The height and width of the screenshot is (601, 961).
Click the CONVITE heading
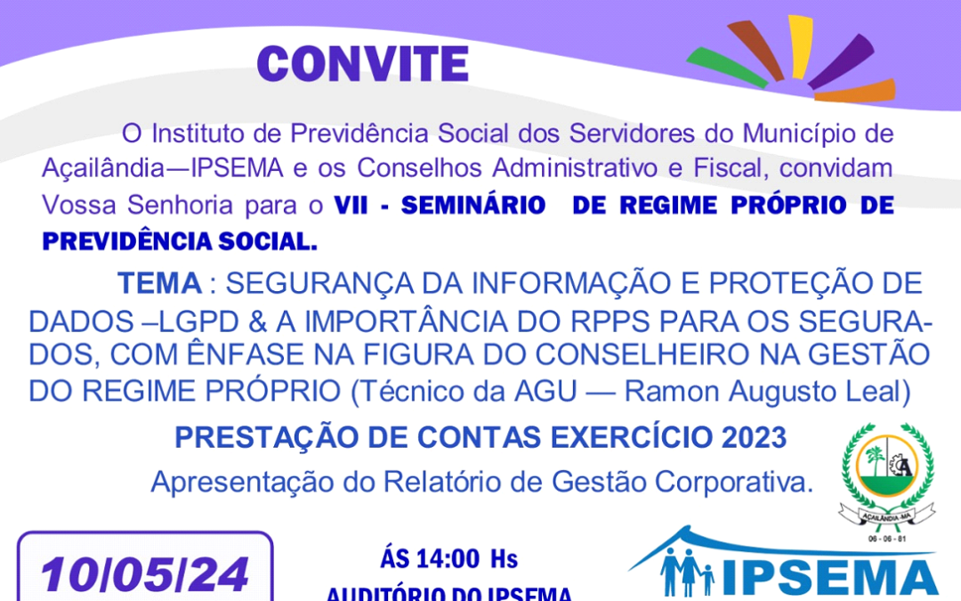coord(363,63)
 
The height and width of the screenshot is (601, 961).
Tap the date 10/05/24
coord(144,575)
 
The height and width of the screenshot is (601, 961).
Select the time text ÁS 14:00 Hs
coord(448,559)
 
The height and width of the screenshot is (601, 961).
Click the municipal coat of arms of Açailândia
coord(886,475)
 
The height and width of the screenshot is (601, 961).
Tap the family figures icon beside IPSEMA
coord(686,573)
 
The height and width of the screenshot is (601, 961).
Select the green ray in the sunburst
coord(725,69)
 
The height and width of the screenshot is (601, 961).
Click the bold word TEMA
coord(159,283)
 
